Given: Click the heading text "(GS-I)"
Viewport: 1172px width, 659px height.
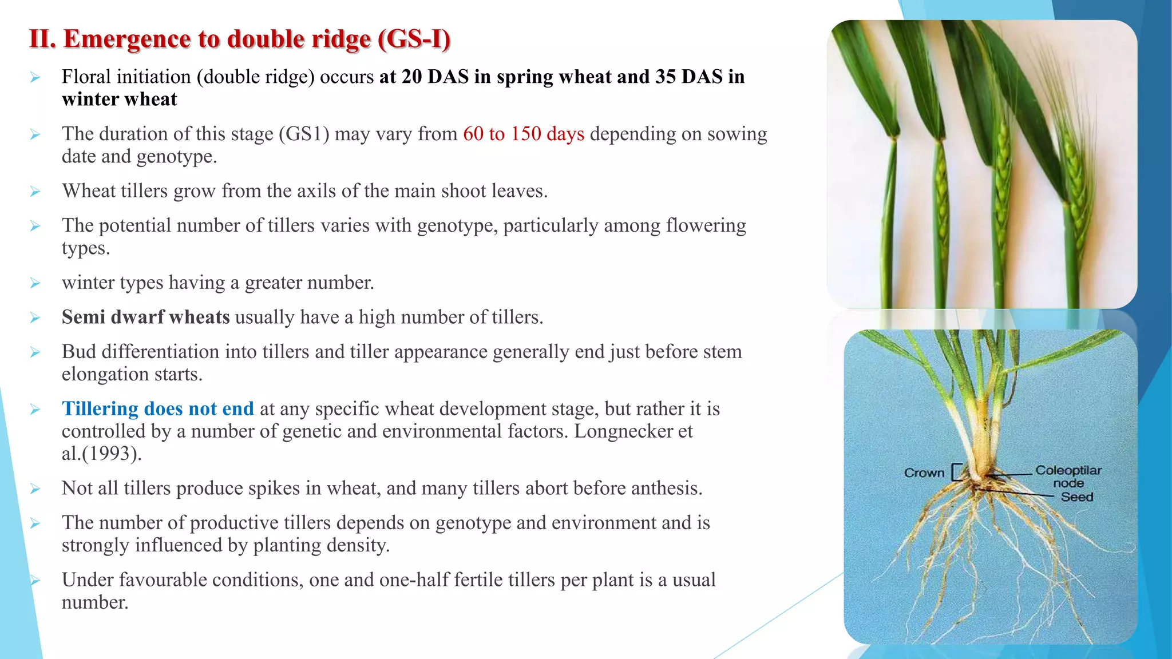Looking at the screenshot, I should tap(414, 39).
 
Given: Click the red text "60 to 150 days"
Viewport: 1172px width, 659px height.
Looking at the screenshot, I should tap(524, 134).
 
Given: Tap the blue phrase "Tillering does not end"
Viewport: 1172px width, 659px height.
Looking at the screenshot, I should tap(157, 408).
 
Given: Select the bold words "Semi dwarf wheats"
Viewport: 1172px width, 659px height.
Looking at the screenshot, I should tap(145, 317).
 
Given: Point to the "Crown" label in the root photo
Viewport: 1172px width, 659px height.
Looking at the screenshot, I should tap(924, 473).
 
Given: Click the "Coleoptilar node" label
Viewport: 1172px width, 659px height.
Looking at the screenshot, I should tap(1068, 476).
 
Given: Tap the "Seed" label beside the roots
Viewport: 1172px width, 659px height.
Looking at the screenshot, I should tap(1076, 497).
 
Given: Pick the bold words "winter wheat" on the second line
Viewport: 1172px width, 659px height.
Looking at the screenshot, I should tap(119, 100).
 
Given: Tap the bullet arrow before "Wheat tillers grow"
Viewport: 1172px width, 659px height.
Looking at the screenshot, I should tap(35, 192).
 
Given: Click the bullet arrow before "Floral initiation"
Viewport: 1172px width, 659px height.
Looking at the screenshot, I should tap(35, 77).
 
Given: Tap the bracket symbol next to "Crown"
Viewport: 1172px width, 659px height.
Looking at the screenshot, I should tap(955, 473).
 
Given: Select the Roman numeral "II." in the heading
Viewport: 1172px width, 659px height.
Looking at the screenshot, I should tap(42, 39).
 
